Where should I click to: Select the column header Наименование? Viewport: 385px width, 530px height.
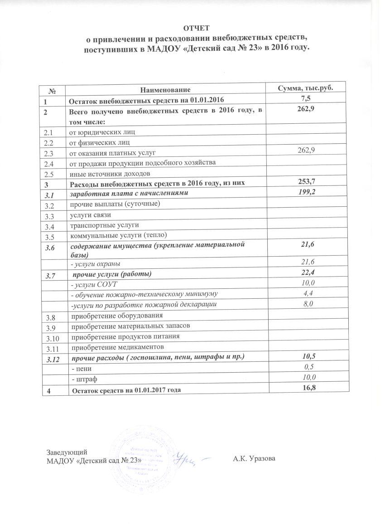pyautogui.click(x=165, y=91)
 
